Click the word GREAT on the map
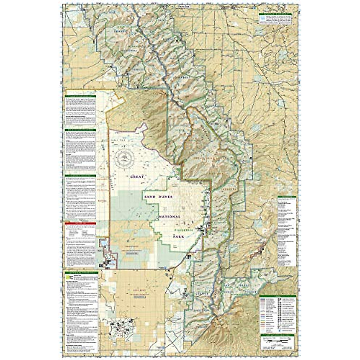pyautogui.click(x=135, y=177)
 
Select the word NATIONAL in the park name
pyautogui.click(x=170, y=217)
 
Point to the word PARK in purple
pyautogui.click(x=178, y=236)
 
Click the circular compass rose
pyautogui.click(x=124, y=157)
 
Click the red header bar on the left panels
pyautogui.click(x=80, y=223)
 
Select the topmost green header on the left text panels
pyautogui.click(x=80, y=96)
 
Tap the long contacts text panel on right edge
pyautogui.click(x=286, y=231)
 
